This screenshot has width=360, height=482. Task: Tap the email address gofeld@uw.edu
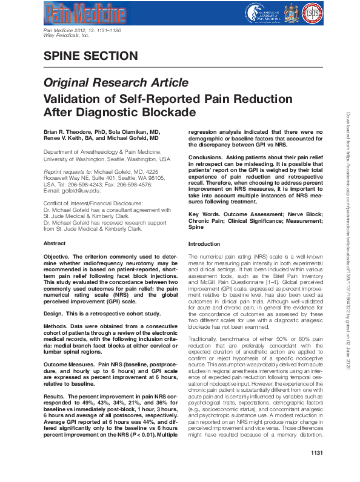pos(76,190)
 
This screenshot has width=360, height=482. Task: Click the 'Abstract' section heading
pos(55,243)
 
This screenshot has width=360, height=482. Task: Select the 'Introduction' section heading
pos(205,243)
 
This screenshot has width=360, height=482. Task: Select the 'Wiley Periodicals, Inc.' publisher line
pos(67,36)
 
